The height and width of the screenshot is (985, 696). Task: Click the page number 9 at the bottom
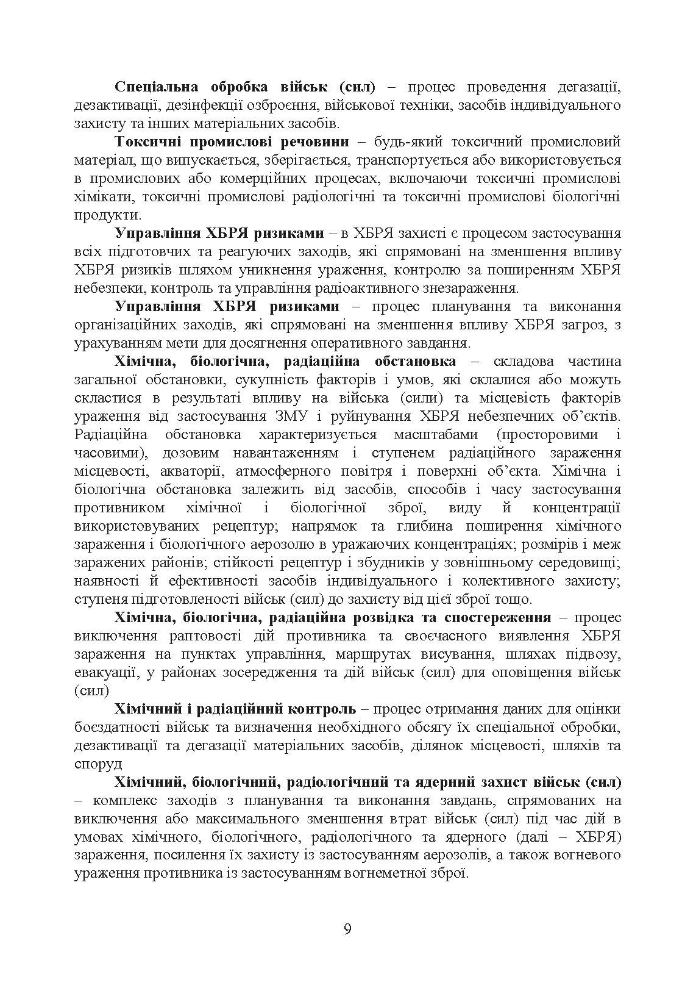click(x=347, y=929)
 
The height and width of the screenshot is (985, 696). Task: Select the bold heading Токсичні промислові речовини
click(x=232, y=142)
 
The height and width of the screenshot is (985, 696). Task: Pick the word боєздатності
click(x=117, y=728)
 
